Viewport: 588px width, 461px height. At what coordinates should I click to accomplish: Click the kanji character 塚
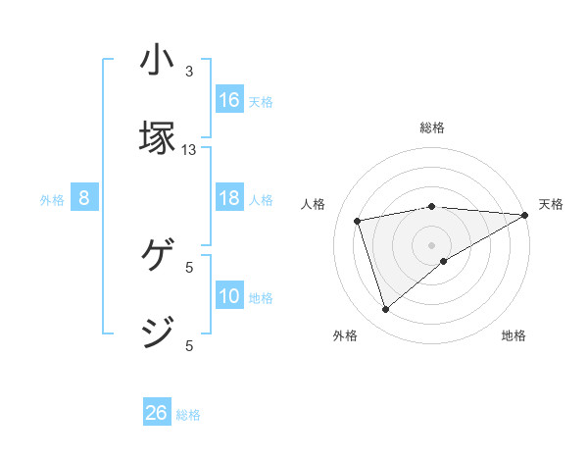158,138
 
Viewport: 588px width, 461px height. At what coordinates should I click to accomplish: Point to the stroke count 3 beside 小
189,72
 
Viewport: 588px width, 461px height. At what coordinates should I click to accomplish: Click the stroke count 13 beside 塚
189,150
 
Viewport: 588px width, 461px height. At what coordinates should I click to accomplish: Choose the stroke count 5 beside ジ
189,345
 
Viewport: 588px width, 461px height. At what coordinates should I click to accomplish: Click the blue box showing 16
229,100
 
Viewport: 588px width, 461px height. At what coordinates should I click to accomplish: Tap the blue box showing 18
229,198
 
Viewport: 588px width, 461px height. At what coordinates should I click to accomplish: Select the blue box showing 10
229,296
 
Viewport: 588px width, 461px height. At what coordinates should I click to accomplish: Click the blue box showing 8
84,198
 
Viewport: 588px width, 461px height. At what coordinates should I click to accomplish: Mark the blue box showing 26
157,413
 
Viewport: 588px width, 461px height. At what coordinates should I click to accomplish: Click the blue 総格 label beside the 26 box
188,415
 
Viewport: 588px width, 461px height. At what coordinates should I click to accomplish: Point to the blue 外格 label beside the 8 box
52,200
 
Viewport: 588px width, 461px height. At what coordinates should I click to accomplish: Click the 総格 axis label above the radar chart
432,128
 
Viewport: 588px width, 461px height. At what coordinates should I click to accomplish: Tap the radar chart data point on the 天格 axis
525,215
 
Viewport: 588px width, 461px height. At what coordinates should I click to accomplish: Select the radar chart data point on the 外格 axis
385,310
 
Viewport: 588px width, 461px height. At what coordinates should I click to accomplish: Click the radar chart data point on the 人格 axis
359,220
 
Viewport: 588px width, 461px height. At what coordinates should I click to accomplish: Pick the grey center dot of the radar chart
432,244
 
